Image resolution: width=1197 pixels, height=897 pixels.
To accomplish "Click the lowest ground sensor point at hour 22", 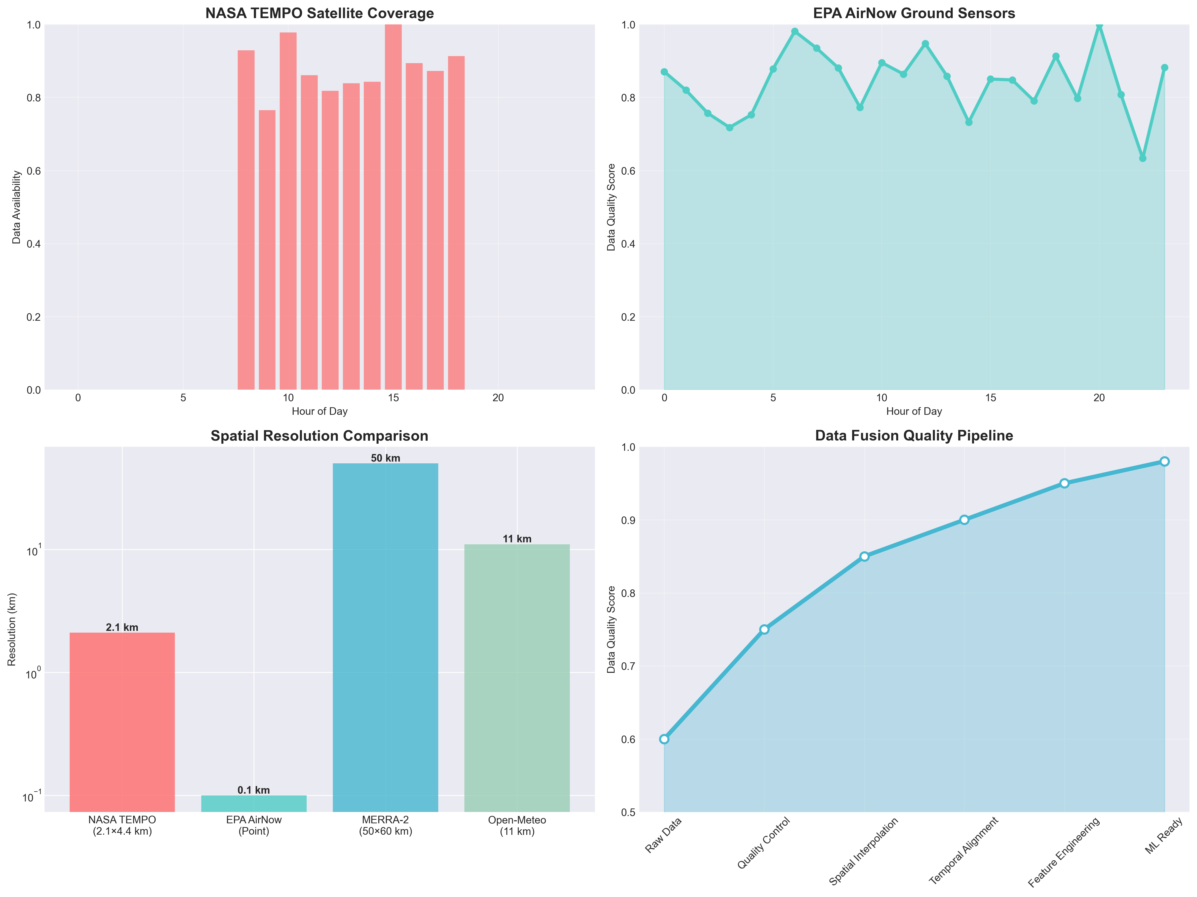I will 1142,158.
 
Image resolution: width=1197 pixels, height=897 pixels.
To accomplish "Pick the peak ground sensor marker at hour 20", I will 1099,25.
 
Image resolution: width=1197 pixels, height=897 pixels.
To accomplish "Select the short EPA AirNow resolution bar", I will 254,803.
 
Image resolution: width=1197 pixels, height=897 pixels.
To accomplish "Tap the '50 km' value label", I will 385,458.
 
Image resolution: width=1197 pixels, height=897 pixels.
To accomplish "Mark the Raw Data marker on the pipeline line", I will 664,739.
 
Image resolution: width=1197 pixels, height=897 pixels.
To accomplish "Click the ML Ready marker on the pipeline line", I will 1165,462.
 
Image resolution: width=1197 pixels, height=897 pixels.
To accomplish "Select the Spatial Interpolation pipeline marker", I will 864,556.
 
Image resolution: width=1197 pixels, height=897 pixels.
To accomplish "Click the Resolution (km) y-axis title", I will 12,629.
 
